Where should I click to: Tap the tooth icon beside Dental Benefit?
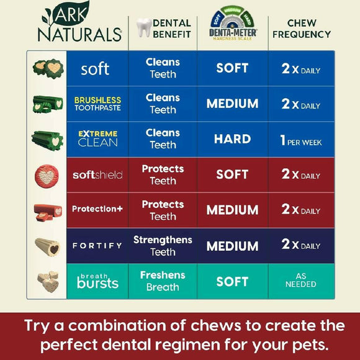point(144,27)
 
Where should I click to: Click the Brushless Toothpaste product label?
point(97,104)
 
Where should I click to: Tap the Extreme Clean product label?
point(97,139)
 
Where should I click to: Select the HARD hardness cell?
point(232,139)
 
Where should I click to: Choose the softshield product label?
point(97,175)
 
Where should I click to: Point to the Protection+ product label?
point(97,209)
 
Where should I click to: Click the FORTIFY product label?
point(97,245)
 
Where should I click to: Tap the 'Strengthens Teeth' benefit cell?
point(163,245)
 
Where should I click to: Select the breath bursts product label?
point(97,281)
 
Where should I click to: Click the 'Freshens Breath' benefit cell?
point(163,281)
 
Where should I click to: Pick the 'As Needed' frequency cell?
point(301,281)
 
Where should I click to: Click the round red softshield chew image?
point(48,175)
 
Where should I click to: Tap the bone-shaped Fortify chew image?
point(48,246)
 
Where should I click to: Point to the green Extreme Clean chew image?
point(48,140)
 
